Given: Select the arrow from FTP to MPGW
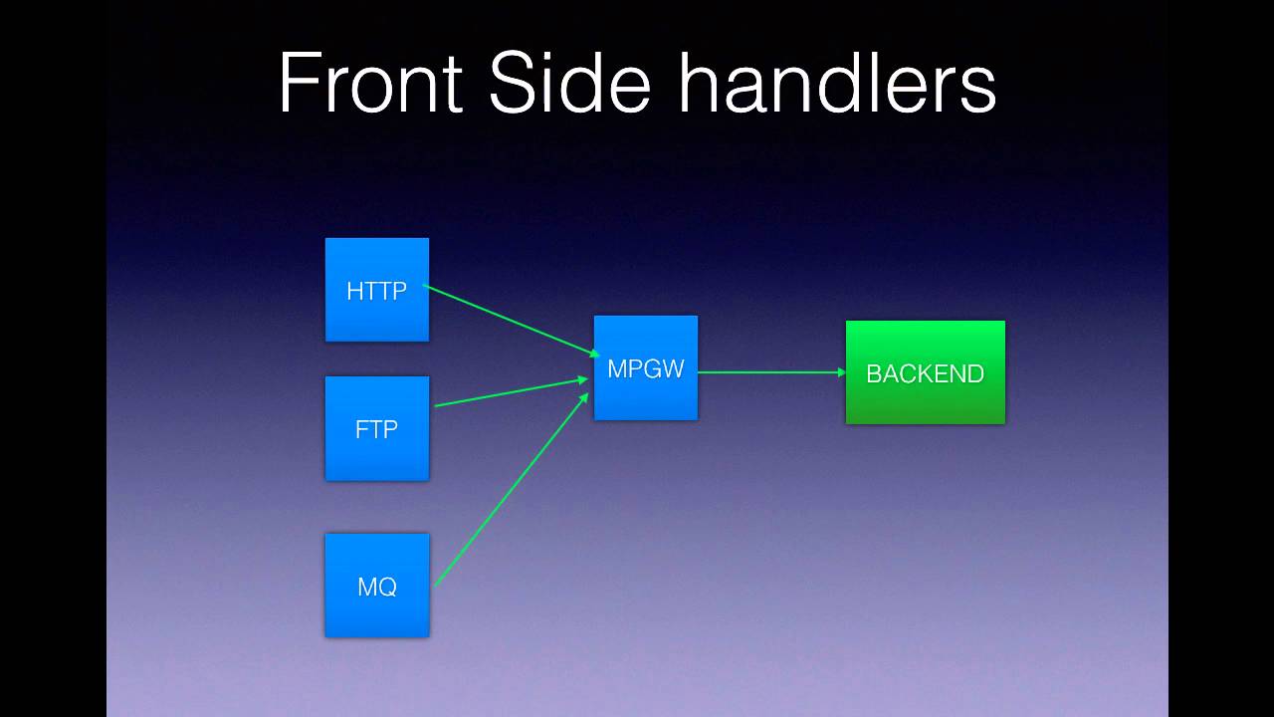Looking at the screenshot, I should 510,392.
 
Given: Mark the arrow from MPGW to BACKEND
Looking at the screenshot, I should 771,372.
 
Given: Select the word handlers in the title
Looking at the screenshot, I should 837,84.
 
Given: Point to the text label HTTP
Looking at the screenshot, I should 376,291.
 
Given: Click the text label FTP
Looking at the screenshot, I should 376,429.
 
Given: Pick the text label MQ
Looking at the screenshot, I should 376,587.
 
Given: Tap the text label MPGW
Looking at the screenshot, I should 645,369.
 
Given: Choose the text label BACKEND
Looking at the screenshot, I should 925,373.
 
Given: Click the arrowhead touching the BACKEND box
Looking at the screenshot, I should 841,372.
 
